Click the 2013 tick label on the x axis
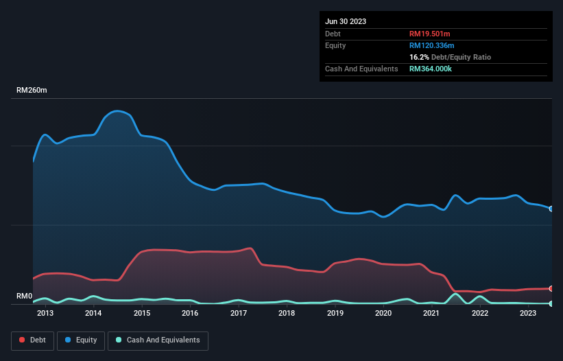click(45, 314)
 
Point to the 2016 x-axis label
click(190, 314)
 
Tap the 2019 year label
click(335, 314)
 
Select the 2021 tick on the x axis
click(431, 314)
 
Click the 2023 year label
click(528, 314)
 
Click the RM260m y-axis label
click(32, 91)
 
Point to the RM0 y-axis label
click(24, 296)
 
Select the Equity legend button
click(81, 340)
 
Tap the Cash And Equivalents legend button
click(158, 340)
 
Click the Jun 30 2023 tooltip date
click(346, 21)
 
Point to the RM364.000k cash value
click(431, 69)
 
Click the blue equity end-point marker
click(551, 209)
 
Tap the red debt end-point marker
click(551, 288)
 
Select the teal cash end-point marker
click(551, 303)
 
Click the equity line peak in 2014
click(119, 110)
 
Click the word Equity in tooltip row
click(335, 45)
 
